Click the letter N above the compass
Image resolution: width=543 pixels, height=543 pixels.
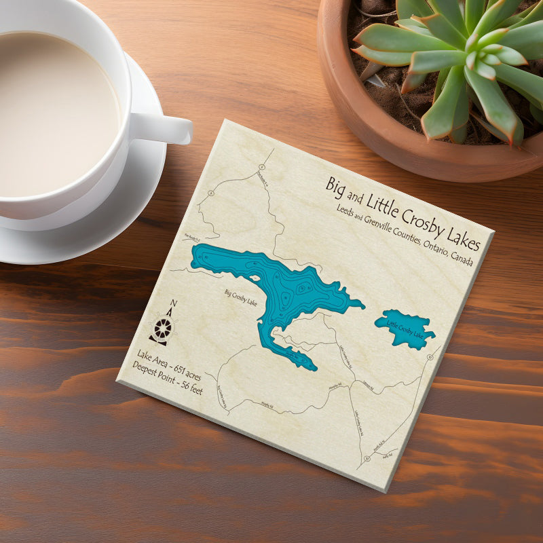coord(173,303)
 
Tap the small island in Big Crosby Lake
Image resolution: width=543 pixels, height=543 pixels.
coord(301,288)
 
